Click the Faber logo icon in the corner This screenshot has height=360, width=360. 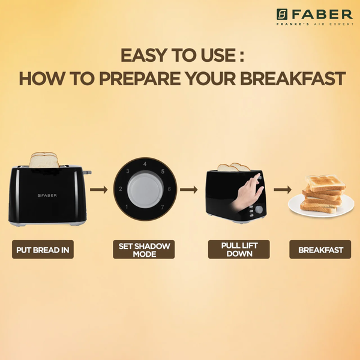pyautogui.click(x=282, y=14)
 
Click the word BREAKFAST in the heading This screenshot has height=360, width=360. pyautogui.click(x=293, y=79)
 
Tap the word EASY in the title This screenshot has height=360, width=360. pyautogui.click(x=144, y=55)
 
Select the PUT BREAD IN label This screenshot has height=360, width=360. pyautogui.click(x=43, y=250)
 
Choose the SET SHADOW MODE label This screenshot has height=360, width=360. pyautogui.click(x=144, y=250)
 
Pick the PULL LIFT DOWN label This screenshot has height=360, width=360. pyautogui.click(x=239, y=250)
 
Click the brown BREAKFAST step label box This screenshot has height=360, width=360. pyautogui.click(x=320, y=250)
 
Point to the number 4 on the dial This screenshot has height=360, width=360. pyautogui.click(x=145, y=164)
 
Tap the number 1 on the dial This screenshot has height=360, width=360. pyautogui.click(x=127, y=207)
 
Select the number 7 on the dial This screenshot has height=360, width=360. pyautogui.click(x=163, y=207)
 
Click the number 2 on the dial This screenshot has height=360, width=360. pyautogui.click(x=121, y=189)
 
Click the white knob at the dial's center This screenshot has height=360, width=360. pyautogui.click(x=145, y=190)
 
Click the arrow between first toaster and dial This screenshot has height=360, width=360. pyautogui.click(x=99, y=190)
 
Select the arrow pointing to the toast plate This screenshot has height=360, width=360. pyautogui.click(x=283, y=190)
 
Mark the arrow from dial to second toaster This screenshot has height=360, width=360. pyautogui.click(x=189, y=190)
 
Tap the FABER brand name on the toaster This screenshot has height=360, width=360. pyautogui.click(x=47, y=196)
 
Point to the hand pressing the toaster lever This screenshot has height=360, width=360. pyautogui.click(x=248, y=193)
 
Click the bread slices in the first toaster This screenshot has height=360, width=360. pyautogui.click(x=44, y=160)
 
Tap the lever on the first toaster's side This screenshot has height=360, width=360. pyautogui.click(x=87, y=172)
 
